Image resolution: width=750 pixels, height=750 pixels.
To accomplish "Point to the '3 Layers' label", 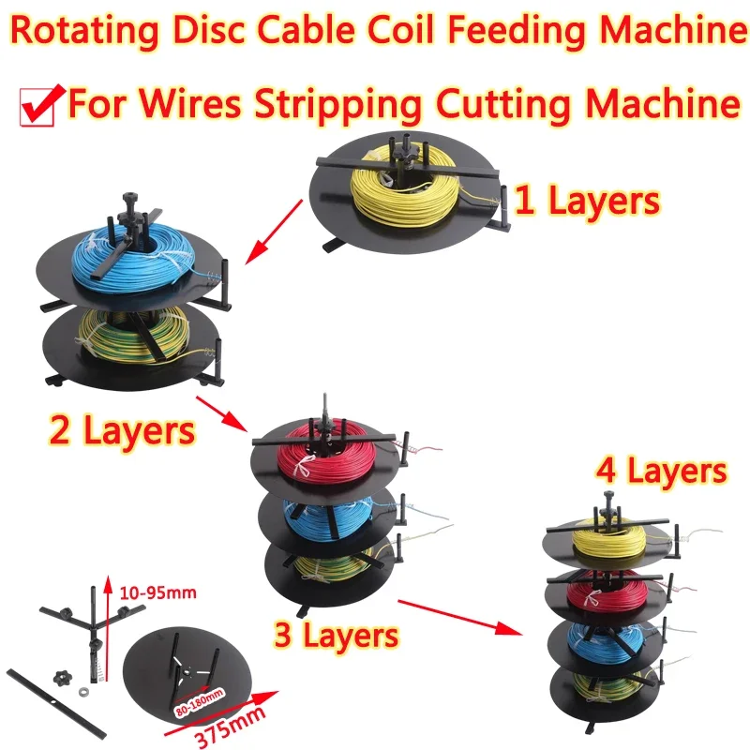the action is tap(335, 635).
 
